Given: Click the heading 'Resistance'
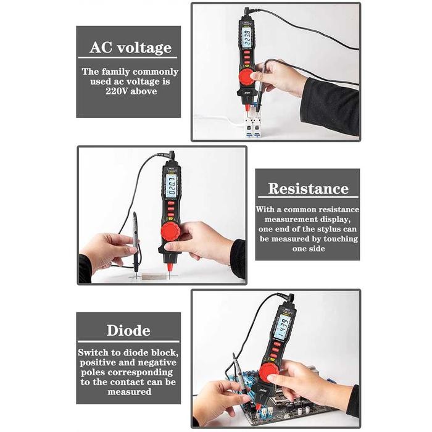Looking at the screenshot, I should pos(307,189).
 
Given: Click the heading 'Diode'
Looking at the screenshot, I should pos(128,330).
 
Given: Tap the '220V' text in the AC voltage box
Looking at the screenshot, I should pos(113,91).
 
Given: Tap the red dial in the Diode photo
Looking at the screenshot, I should pos(269,373).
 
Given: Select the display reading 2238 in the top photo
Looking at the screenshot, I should pos(247,39).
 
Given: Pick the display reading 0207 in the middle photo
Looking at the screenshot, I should pos(171,185).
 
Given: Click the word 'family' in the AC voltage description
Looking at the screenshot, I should pos(117,72).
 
